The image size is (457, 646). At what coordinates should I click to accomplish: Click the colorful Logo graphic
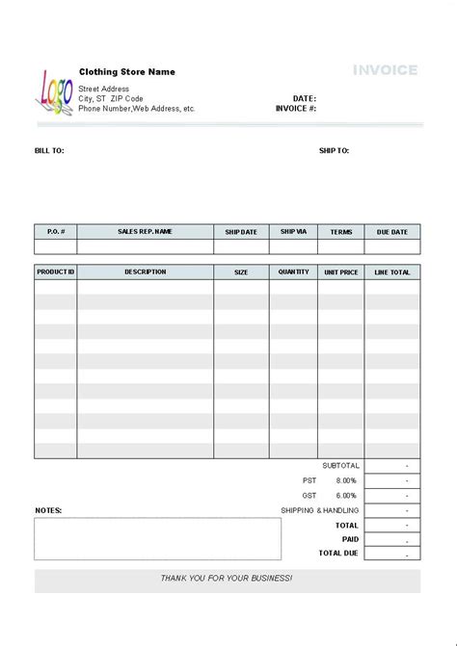click(x=55, y=92)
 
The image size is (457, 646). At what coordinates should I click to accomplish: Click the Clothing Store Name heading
click(x=126, y=72)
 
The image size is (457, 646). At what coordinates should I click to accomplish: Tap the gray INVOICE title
click(x=385, y=70)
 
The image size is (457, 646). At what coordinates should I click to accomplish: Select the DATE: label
click(x=305, y=98)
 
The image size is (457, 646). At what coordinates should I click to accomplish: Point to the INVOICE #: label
click(x=296, y=109)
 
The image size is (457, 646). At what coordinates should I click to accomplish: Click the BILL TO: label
click(x=49, y=151)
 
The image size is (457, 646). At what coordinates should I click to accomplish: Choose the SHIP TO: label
click(x=334, y=151)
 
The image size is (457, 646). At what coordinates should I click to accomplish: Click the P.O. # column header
click(x=56, y=232)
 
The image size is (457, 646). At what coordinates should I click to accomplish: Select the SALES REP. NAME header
click(x=145, y=232)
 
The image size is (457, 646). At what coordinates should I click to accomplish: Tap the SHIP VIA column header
click(x=293, y=232)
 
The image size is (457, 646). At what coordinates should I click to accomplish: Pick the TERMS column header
click(x=341, y=232)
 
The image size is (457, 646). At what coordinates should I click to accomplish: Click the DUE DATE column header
click(x=392, y=232)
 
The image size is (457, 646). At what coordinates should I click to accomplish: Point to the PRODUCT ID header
click(x=56, y=272)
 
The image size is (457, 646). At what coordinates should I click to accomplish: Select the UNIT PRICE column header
click(x=341, y=272)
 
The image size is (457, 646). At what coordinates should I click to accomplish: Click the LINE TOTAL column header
click(x=392, y=272)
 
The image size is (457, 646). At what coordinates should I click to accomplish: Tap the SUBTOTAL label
click(x=340, y=466)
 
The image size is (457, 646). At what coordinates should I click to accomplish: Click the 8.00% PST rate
click(x=346, y=480)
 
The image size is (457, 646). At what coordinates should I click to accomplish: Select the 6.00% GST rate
click(x=346, y=495)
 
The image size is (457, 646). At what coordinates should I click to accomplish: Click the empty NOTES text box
click(x=158, y=539)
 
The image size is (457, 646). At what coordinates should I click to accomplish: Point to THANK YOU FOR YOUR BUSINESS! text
click(x=228, y=579)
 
